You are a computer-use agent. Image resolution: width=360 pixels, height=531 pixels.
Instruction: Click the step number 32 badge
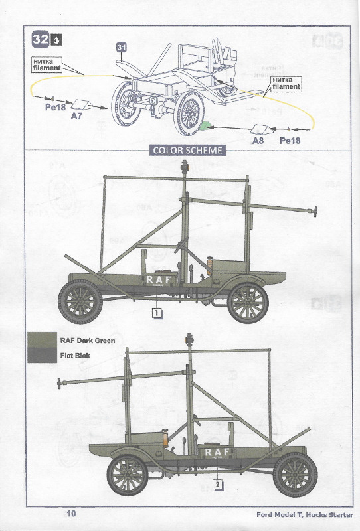coord(41,39)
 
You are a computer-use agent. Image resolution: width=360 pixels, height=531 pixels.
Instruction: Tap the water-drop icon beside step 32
coord(56,40)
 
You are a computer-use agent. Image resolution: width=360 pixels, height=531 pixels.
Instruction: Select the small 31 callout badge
coord(122,47)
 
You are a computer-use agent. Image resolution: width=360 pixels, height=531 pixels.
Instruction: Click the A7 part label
coord(76,116)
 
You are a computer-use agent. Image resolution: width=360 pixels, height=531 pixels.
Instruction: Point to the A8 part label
coord(258,140)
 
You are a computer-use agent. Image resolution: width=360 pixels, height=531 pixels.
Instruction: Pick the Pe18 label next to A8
coord(290,140)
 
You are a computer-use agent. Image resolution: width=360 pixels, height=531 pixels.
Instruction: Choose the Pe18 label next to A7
coord(55,107)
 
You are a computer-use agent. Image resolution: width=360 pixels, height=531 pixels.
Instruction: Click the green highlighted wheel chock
coord(204,125)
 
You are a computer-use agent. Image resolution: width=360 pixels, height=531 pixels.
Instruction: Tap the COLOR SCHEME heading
coord(187,151)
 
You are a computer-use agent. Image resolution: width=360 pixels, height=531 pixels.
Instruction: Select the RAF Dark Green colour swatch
coord(42,340)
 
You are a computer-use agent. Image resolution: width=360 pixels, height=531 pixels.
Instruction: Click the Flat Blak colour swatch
coord(42,355)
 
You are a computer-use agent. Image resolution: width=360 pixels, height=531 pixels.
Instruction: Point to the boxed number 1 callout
coord(157,313)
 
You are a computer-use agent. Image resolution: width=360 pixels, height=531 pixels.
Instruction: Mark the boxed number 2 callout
coord(218,485)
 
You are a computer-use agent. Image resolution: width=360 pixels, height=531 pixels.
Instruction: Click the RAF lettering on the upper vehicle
coord(159,279)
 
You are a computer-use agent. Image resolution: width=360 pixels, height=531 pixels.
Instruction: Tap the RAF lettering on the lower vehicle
coord(217,452)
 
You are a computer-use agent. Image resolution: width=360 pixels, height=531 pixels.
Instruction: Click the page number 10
coord(71,514)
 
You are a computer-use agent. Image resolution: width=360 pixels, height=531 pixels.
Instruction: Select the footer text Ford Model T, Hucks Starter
coord(304,515)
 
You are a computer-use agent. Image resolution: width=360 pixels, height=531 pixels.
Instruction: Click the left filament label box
coord(46,64)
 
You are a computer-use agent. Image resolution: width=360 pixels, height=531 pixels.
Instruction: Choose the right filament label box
coord(286,84)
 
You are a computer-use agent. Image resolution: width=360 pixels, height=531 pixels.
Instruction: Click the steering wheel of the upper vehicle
coord(181,244)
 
